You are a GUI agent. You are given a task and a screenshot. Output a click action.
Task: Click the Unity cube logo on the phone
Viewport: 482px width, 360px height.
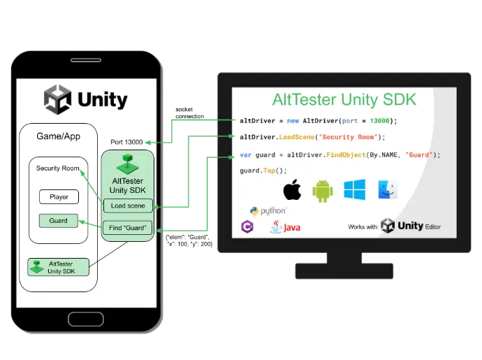tap(58, 99)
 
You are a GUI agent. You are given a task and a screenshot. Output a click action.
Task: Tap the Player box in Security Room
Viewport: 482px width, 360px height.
tap(59, 197)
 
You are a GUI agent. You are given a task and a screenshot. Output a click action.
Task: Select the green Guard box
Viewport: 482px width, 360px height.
tap(59, 221)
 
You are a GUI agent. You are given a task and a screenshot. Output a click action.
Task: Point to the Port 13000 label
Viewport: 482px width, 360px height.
tap(126, 143)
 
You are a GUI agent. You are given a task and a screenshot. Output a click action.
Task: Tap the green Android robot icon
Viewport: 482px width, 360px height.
tap(322, 191)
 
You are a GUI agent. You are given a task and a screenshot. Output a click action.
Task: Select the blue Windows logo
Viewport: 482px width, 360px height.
tap(354, 190)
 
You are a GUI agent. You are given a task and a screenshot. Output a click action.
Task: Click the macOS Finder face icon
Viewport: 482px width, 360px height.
tap(388, 190)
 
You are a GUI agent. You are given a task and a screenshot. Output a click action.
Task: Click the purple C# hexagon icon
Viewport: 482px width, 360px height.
tap(247, 226)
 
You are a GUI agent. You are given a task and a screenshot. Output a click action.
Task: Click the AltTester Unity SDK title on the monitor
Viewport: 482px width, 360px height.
tap(343, 100)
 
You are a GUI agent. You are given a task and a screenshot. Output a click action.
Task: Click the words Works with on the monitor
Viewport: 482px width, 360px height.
tap(363, 227)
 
